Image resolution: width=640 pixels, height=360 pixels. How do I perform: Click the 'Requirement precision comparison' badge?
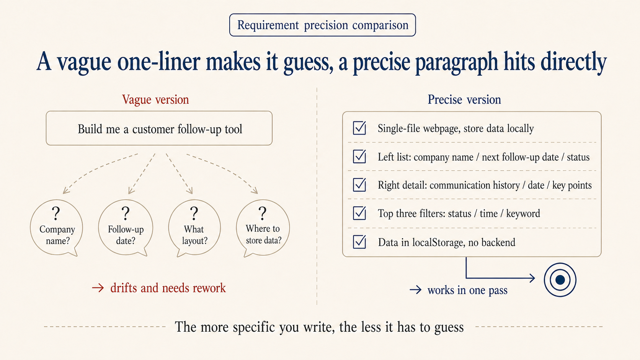322,25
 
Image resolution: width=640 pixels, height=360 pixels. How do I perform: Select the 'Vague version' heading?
155,99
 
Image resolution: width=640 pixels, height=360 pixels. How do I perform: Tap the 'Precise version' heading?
464,99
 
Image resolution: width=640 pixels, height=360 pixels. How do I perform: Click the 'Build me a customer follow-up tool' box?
159,129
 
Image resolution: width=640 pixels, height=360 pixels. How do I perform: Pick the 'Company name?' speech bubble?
57,228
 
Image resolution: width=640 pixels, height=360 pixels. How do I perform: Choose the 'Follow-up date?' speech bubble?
126,228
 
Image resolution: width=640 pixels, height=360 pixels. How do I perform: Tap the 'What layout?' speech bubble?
194,228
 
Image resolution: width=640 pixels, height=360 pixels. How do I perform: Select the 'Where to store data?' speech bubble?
263,228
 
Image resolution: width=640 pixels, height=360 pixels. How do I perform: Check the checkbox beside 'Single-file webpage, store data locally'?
359,128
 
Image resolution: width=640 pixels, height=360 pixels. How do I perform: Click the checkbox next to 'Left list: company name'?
359,156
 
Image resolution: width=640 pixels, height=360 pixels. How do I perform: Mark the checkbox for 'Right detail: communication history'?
359,185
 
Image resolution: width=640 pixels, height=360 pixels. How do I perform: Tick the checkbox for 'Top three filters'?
359,213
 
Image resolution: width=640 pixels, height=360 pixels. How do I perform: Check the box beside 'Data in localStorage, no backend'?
359,242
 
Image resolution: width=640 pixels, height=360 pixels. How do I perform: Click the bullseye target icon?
560,280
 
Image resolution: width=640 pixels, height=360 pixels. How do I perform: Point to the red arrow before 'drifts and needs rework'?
98,288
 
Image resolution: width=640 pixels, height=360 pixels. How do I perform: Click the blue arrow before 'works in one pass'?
415,290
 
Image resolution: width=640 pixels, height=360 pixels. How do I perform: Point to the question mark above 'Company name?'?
56,213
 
